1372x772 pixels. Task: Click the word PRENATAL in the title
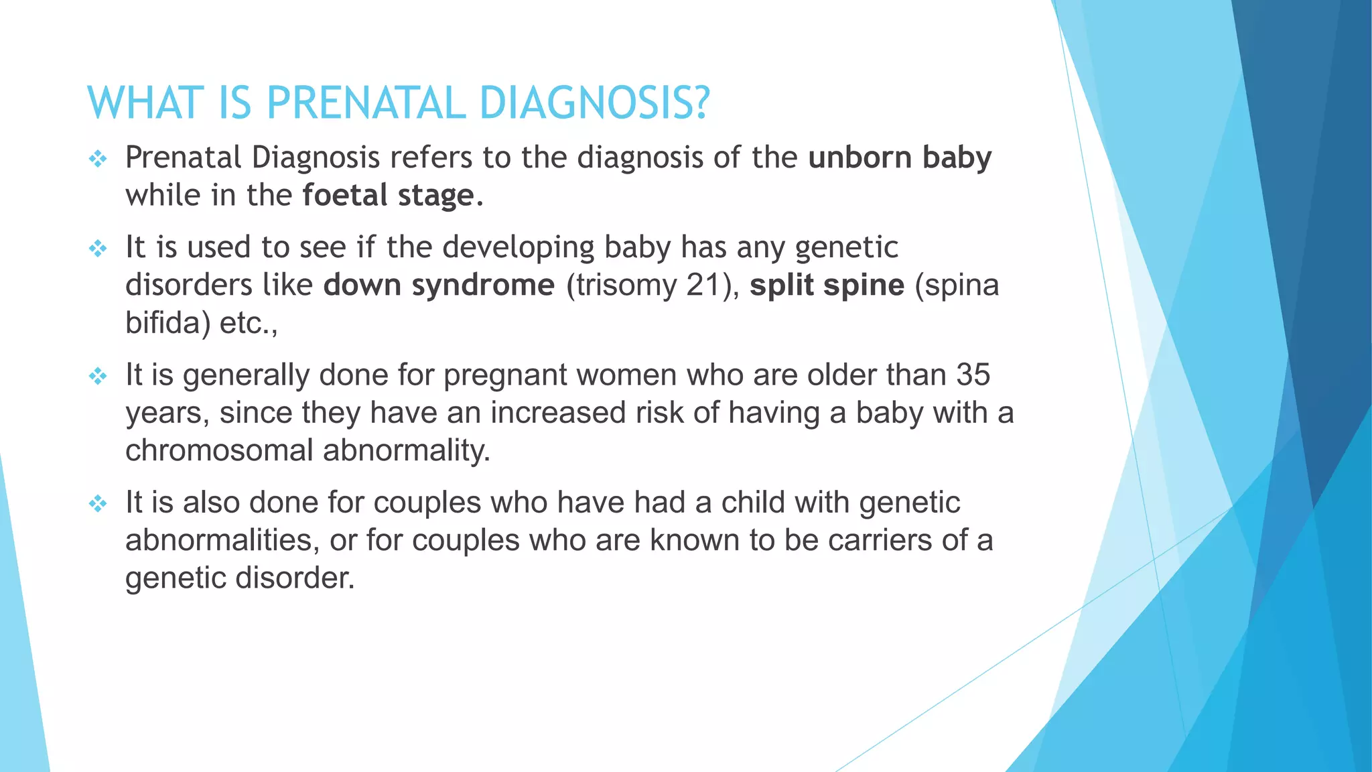366,104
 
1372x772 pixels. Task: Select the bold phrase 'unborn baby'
900,158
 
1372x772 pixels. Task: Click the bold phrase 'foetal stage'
388,196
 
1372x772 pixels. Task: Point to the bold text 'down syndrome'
439,285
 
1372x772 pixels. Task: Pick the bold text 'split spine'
827,285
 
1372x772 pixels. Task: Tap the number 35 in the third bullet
973,375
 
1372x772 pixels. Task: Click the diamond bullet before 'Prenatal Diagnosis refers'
98,159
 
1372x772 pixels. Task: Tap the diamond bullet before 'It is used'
98,249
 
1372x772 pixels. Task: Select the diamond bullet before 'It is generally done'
98,376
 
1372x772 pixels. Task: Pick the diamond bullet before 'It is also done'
98,503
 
